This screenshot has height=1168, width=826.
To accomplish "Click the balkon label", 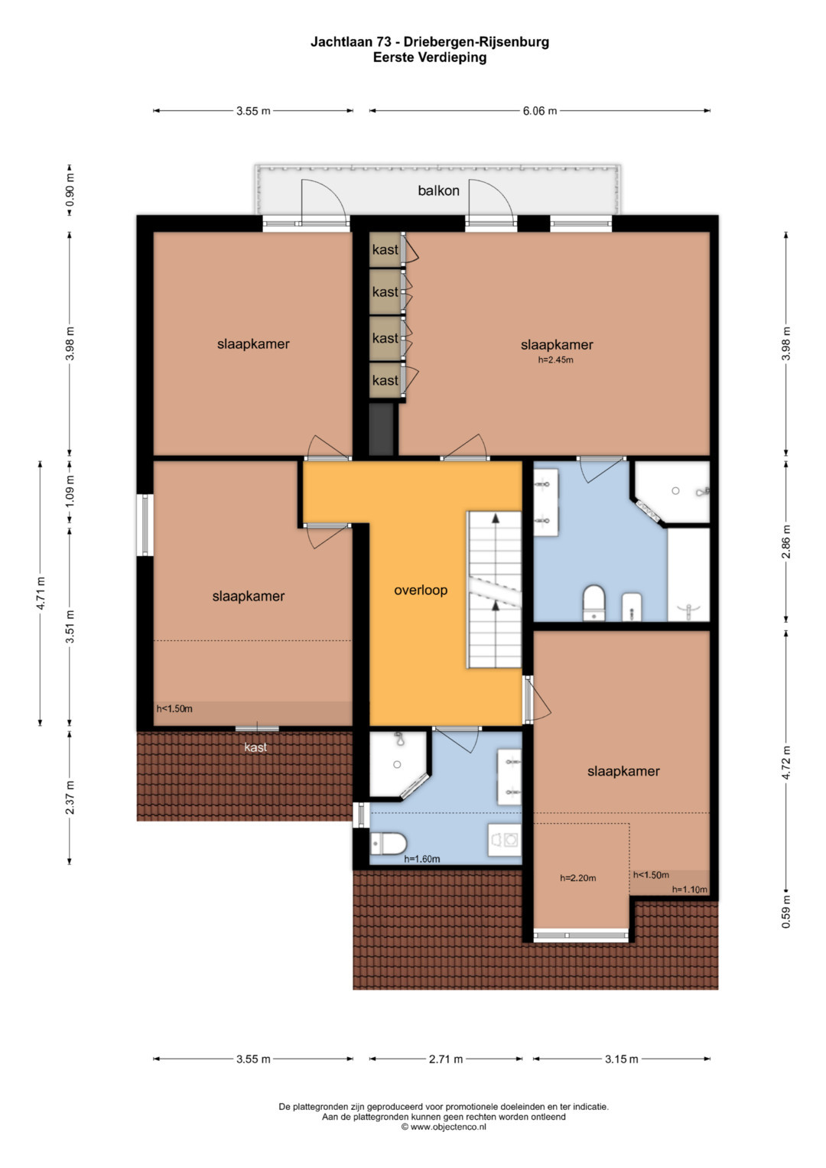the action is (438, 191).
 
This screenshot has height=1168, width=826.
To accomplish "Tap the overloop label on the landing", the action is (421, 591).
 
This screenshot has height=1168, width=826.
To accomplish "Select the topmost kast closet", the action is (385, 250).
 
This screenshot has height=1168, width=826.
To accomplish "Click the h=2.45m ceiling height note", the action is (555, 360).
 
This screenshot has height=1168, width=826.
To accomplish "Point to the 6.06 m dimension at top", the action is (540, 111).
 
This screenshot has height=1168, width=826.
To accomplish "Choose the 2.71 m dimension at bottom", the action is (446, 1059).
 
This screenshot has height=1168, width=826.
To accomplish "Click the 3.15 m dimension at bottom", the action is (621, 1059).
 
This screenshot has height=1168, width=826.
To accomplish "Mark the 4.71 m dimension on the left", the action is (41, 593).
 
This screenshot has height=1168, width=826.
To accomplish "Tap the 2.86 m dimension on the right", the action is (786, 542).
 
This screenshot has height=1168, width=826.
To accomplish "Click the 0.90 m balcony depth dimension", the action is (70, 190).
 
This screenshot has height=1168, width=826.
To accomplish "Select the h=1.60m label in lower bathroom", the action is (422, 859).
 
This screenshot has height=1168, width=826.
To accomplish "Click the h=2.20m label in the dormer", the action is (577, 878).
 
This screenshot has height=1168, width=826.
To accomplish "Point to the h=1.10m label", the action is (689, 890).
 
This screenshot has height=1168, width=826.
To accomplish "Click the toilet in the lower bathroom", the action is (388, 844).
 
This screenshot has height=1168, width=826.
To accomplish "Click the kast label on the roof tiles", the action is (255, 747).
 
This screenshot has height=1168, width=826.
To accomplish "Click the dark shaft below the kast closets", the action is (382, 429).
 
